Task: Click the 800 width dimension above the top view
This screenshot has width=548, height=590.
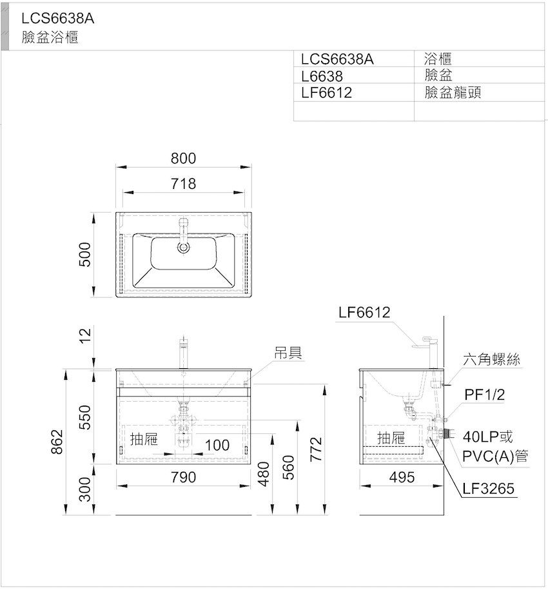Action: (183, 159)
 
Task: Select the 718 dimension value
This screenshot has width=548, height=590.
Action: (183, 184)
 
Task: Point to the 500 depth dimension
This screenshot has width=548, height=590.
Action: (85, 254)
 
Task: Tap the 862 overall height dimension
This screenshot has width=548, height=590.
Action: (57, 441)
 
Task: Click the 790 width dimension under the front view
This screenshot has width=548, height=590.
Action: (183, 477)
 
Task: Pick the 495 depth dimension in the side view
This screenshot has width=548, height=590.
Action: (402, 477)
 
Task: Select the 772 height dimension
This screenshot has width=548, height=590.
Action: (317, 449)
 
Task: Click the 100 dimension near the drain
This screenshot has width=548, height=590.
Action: (217, 445)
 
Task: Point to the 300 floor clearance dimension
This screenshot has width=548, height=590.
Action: (85, 489)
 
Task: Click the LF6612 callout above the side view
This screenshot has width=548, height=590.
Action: (364, 312)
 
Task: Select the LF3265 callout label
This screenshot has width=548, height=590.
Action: (488, 488)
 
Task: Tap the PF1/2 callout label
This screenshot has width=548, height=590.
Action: (484, 395)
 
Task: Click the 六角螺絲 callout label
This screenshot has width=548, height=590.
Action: (491, 359)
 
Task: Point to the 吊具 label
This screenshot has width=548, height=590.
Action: (288, 353)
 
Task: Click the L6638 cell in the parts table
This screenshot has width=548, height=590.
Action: (322, 76)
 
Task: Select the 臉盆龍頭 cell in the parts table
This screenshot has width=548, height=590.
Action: (453, 92)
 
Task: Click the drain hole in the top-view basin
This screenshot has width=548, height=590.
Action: (183, 247)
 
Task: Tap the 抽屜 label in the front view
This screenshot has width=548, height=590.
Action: (144, 438)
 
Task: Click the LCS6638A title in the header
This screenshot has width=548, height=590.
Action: (57, 18)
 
